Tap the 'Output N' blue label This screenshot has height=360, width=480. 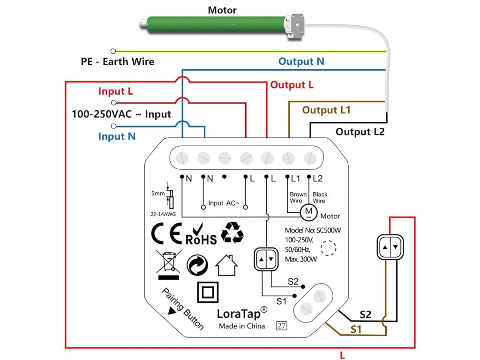point(301,61)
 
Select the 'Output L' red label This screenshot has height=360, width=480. point(292,85)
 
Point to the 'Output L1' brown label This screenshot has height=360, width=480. point(326,110)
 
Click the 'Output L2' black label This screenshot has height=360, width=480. point(360,132)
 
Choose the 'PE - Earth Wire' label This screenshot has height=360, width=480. point(117,61)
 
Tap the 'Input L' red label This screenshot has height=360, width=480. point(115,91)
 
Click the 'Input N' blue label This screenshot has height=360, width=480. point(117,136)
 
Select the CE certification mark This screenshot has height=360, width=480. point(166,235)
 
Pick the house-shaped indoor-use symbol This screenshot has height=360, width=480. point(226,265)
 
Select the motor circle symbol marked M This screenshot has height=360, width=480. point(308,212)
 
